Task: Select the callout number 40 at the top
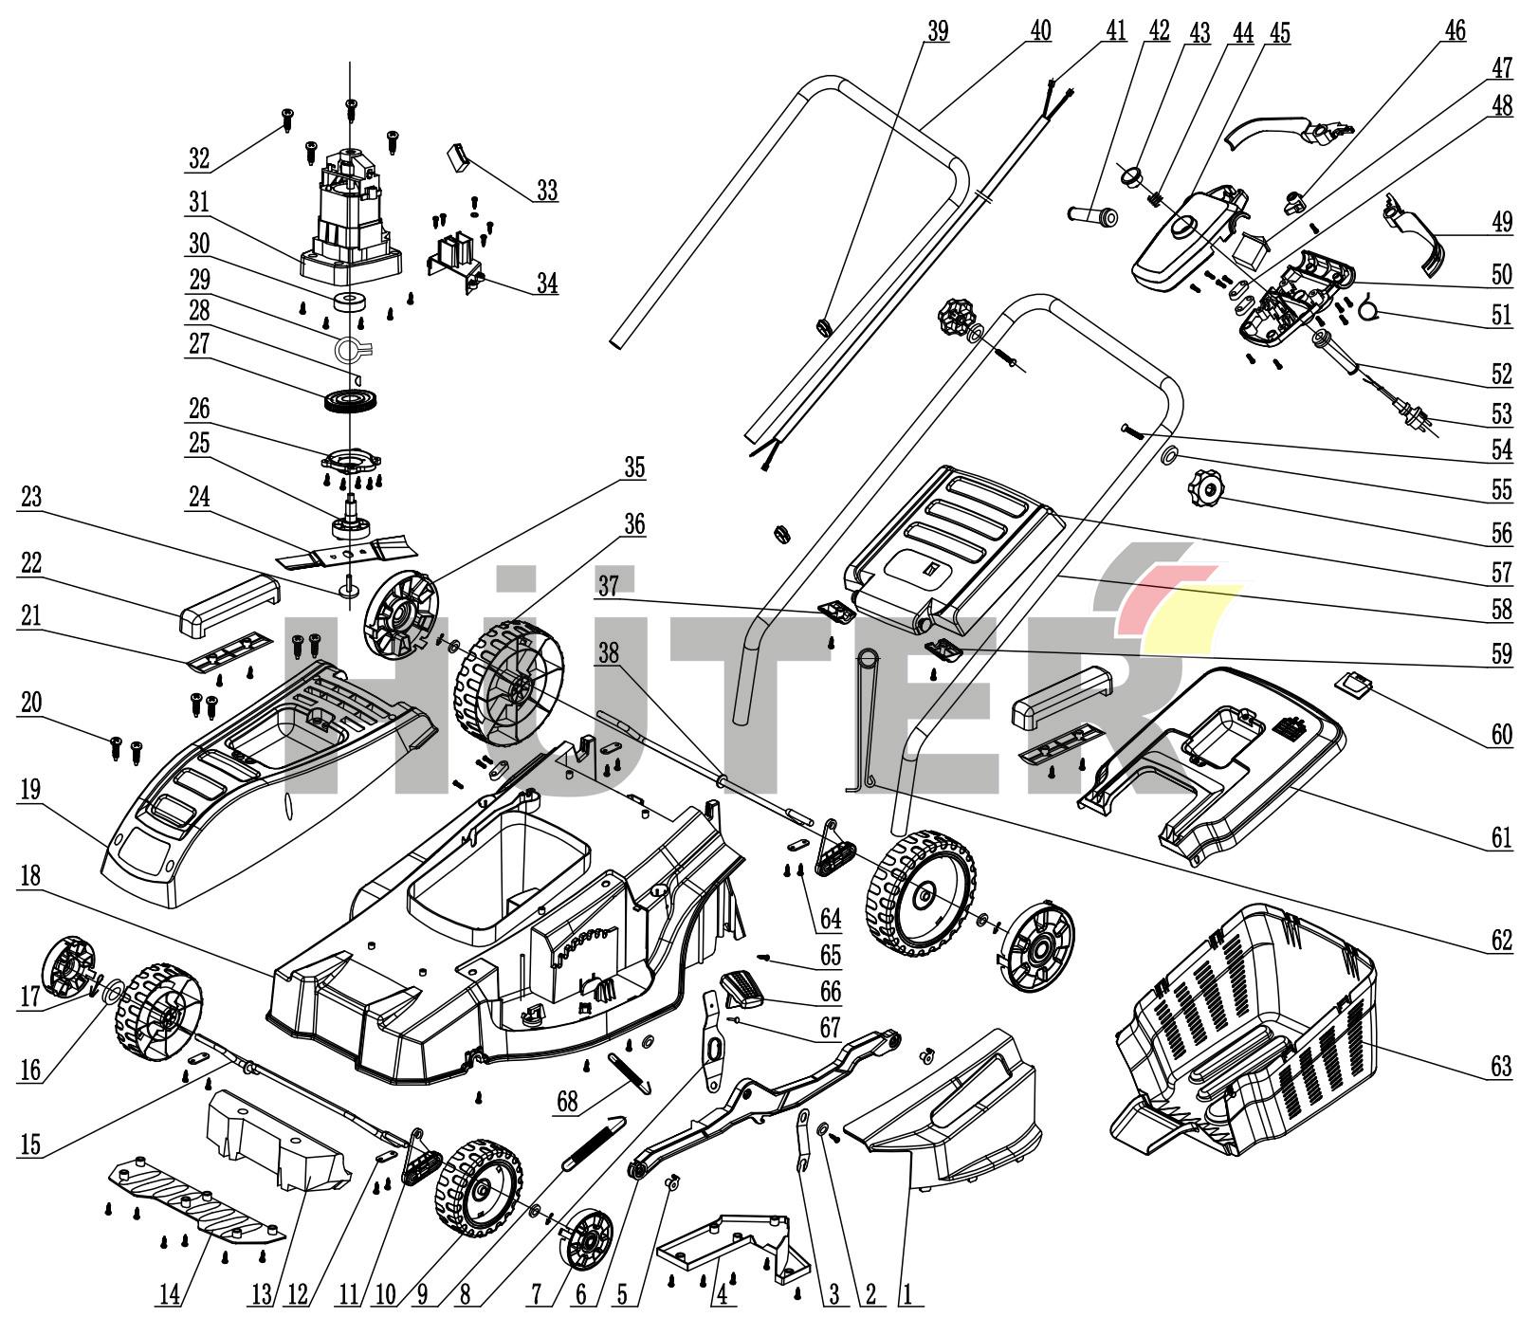(1040, 30)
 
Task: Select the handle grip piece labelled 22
(228, 603)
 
